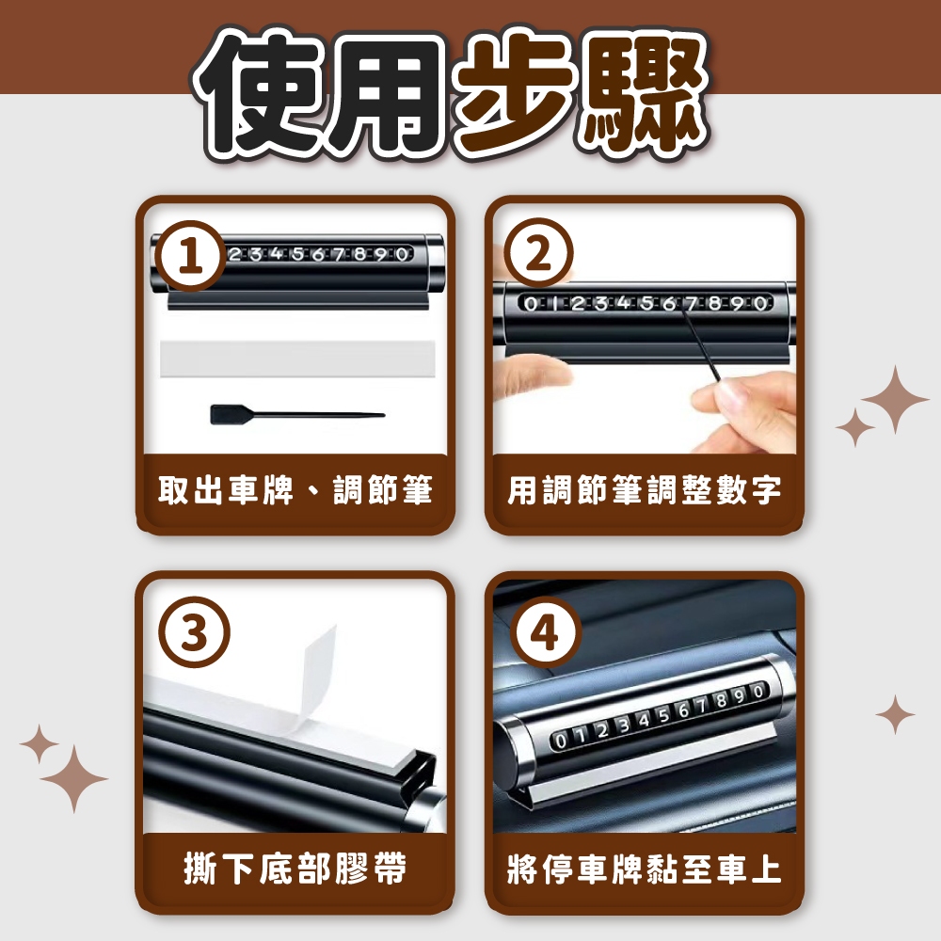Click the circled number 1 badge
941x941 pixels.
coord(190,256)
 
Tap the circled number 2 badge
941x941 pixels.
coord(538,252)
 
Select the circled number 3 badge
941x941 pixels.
coord(194,632)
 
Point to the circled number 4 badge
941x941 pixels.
coord(545,631)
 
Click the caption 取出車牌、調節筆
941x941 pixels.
coord(295,490)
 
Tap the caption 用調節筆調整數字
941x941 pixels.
coord(645,490)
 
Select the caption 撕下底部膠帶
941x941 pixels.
coord(295,869)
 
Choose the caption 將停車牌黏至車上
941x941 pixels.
coord(645,869)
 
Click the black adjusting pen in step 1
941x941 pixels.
coord(297,414)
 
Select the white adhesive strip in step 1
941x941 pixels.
coord(297,359)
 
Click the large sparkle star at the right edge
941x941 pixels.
coord(894,399)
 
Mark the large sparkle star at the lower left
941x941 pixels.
coord(73,779)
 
